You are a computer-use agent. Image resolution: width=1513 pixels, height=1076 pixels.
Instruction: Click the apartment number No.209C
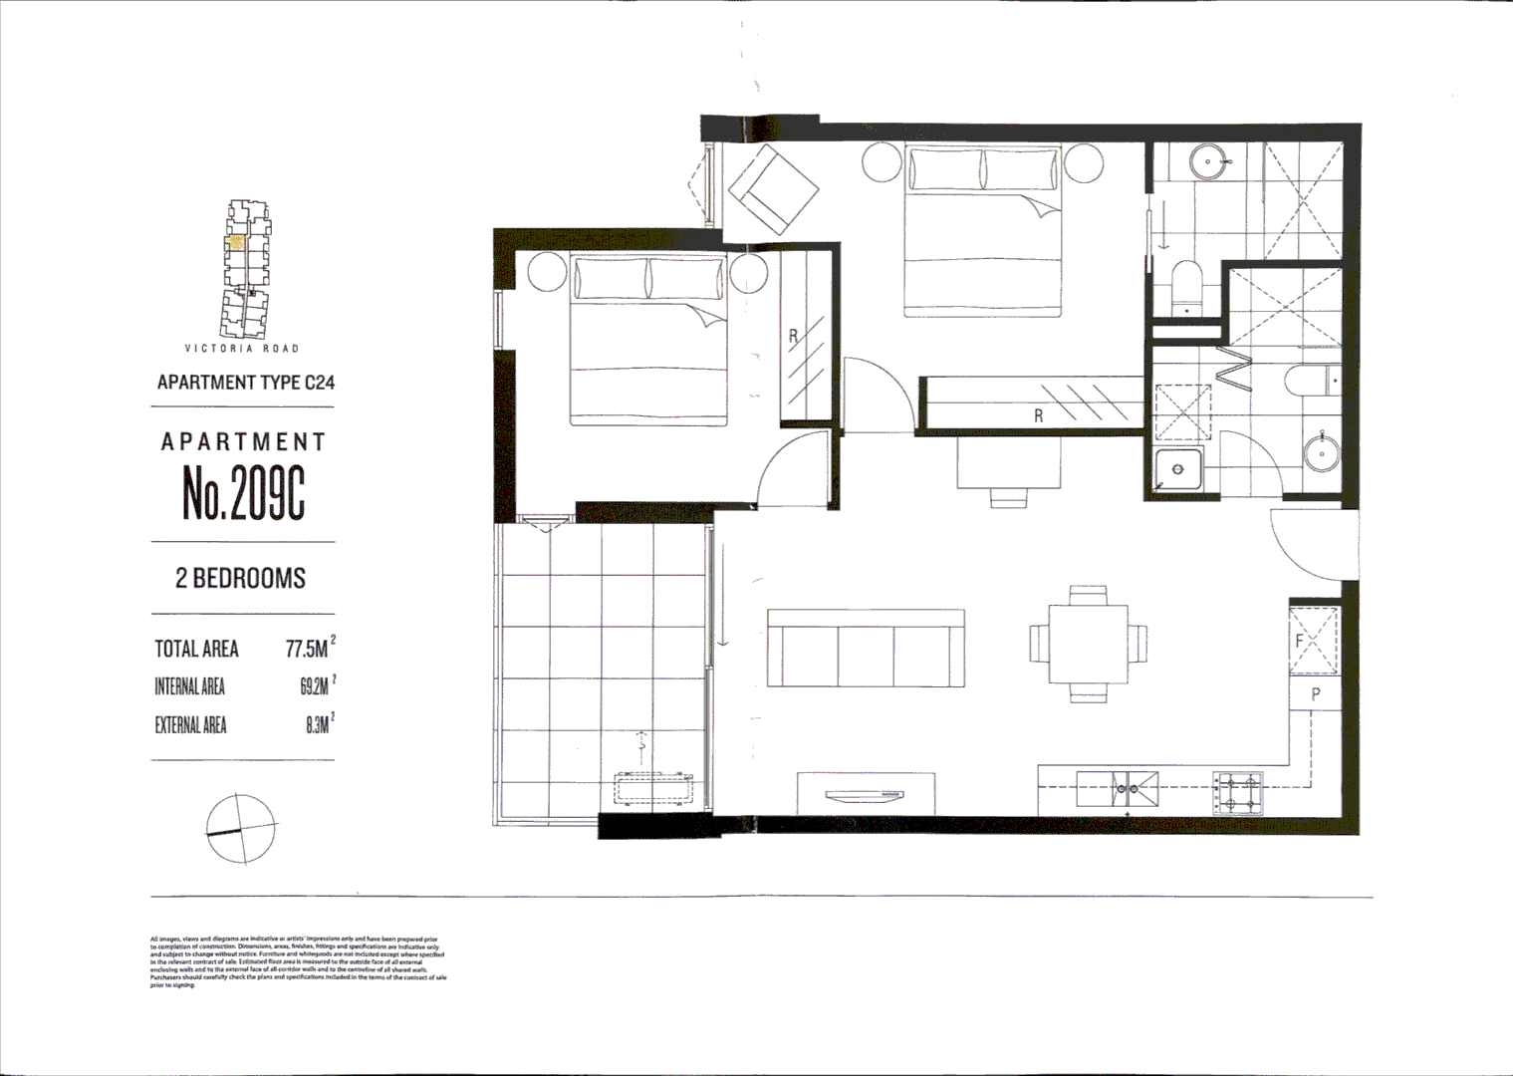coord(243,492)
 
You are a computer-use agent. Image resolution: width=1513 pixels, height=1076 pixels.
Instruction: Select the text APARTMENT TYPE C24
coord(245,383)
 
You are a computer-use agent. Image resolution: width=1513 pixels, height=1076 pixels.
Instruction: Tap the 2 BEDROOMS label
coord(241,578)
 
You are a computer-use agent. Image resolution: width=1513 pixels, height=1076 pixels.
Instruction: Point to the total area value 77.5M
coord(308,650)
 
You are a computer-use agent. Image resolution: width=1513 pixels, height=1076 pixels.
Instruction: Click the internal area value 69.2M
coord(316,686)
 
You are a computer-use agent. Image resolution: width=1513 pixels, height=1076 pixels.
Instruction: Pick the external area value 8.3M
coord(318,725)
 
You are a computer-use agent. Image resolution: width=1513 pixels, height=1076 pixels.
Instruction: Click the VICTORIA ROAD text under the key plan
coord(242,349)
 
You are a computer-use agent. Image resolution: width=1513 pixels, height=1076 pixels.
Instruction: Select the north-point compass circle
coord(241,829)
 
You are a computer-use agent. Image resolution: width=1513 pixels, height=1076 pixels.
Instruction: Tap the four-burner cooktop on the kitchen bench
coord(1238,792)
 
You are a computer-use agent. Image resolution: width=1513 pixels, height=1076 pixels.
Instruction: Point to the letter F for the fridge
coord(1300,642)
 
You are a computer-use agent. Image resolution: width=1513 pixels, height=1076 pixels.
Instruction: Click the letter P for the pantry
coord(1315,694)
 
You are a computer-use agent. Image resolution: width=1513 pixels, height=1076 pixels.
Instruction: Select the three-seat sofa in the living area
coord(866,649)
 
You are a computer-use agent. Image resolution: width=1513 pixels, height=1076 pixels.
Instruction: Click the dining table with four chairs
coord(1088,643)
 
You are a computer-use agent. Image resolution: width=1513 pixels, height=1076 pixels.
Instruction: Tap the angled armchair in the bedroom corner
coord(774,189)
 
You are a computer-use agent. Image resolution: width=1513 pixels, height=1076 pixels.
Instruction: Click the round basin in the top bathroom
coord(1208,160)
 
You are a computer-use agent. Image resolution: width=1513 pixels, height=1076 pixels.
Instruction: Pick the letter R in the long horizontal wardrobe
coord(1038,415)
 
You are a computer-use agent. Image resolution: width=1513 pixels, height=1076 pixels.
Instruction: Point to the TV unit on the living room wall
coord(866,794)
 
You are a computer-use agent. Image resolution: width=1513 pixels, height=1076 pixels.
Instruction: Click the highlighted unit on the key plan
coord(237,241)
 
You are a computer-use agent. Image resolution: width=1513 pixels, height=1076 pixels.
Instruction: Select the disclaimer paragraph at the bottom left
coord(298,961)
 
